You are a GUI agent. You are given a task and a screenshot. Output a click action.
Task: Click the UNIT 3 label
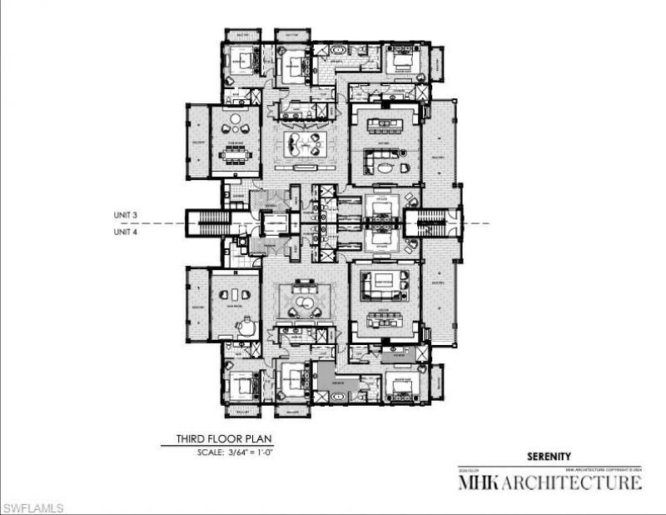tap(125, 215)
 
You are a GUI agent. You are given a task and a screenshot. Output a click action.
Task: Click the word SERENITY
tap(549, 456)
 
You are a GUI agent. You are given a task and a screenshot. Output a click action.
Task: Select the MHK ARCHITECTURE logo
tap(550, 482)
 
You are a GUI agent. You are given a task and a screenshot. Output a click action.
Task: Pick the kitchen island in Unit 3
tap(384, 125)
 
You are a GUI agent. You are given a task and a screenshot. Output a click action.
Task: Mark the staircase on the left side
tap(198, 223)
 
